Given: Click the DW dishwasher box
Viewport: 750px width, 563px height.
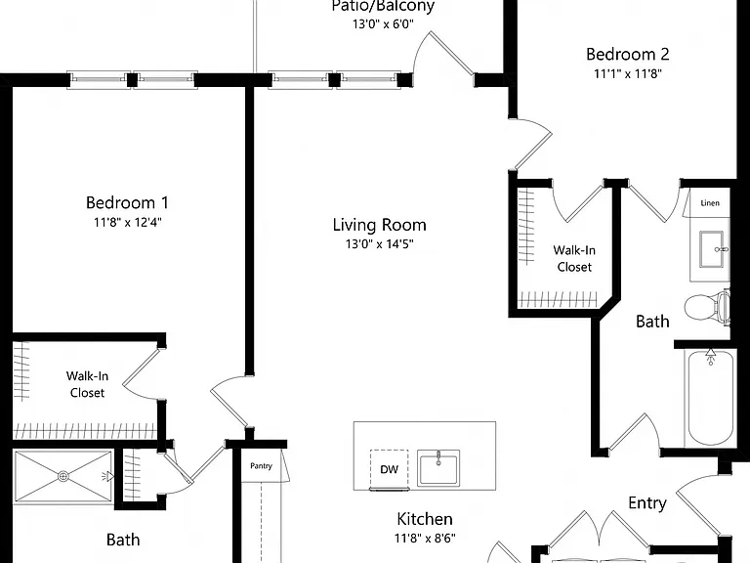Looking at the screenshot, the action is [x=390, y=469].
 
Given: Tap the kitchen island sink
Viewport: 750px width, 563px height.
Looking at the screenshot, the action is [x=438, y=468].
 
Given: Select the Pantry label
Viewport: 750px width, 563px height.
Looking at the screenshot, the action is [x=261, y=466].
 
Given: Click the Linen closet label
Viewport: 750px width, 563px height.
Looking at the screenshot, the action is [x=710, y=203].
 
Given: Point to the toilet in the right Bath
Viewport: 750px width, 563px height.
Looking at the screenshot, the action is [x=707, y=307].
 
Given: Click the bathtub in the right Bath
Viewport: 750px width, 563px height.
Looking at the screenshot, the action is [x=710, y=398].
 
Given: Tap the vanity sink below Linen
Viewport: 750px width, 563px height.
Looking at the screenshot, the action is [x=714, y=249].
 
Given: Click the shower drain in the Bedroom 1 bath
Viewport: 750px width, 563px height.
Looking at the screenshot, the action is [x=63, y=476].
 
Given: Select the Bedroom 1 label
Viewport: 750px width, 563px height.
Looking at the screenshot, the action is [x=127, y=202].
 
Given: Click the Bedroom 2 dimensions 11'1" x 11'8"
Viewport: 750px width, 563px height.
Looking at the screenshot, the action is [x=628, y=73].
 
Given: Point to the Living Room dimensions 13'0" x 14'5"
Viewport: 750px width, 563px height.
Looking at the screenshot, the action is [x=379, y=244].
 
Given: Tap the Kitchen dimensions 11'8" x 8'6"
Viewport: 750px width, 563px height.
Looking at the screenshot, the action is [x=425, y=539].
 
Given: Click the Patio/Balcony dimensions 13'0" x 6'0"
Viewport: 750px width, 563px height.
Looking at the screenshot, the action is [x=383, y=23].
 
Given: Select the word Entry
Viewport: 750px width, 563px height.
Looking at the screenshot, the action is [x=647, y=503].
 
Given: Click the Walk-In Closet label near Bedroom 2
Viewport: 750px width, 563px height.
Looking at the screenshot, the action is [x=574, y=258].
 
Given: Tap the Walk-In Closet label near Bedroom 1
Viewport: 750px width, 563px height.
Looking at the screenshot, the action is [x=87, y=384].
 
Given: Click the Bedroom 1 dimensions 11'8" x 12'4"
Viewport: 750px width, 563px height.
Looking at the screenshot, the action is [x=128, y=222].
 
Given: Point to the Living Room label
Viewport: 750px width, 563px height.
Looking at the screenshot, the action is [x=379, y=225].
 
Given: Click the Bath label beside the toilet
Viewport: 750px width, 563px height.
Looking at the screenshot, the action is [x=652, y=322].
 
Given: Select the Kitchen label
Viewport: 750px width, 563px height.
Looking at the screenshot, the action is [x=425, y=519].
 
